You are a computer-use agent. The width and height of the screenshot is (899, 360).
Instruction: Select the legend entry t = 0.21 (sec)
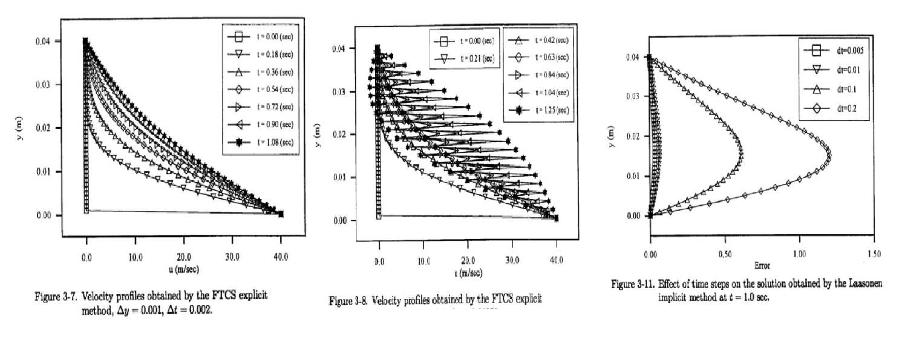click(469, 59)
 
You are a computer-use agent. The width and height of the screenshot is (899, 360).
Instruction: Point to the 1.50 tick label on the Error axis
click(874, 254)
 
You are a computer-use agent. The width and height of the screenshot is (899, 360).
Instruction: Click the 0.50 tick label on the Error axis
click(724, 254)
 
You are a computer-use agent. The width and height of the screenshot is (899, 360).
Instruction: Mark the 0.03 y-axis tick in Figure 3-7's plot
click(45, 85)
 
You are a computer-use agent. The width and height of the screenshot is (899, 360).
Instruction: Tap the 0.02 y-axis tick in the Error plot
click(632, 136)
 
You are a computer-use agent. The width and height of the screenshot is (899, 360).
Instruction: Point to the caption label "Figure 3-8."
click(347, 301)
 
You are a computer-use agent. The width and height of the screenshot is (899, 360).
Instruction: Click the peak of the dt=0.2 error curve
click(829, 155)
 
